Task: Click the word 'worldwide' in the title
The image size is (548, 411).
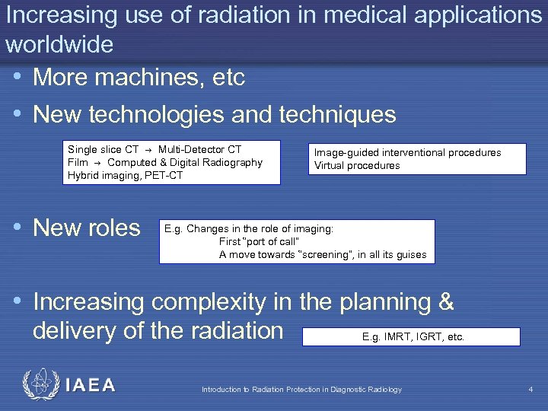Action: pyautogui.click(x=59, y=45)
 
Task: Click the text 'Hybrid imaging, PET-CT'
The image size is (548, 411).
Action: pyautogui.click(x=126, y=175)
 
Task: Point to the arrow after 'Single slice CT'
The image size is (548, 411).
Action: pyautogui.click(x=148, y=150)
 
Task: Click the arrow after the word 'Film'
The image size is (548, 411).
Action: pyautogui.click(x=98, y=163)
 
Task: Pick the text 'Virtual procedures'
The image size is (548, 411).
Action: pyautogui.click(x=357, y=165)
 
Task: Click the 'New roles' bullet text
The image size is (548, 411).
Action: pyautogui.click(x=87, y=228)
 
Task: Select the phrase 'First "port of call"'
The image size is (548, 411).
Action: pyautogui.click(x=259, y=241)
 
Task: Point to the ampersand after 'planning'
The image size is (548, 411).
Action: pyautogui.click(x=447, y=302)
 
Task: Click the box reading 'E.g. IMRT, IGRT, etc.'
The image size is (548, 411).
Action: pyautogui.click(x=411, y=336)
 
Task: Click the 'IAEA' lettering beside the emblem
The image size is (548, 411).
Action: pyautogui.click(x=91, y=386)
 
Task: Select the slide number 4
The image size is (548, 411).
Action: pyautogui.click(x=530, y=390)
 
